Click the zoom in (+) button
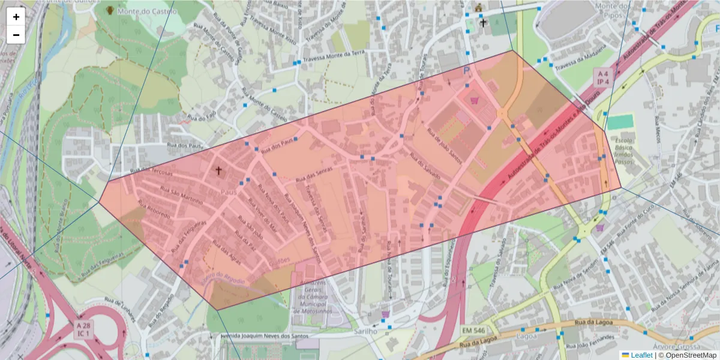[16, 17]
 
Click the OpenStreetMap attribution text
[690, 355]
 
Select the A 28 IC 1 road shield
[83, 329]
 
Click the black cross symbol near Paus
[218, 171]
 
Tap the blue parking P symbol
[467, 71]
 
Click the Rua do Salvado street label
[425, 167]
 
